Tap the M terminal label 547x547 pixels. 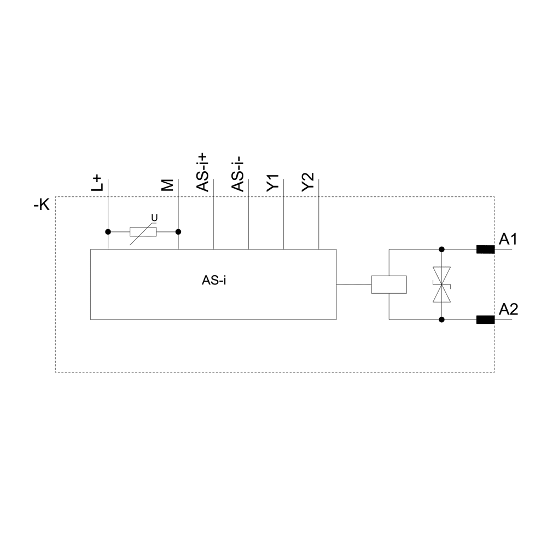click(168, 185)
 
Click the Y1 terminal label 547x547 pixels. click(273, 182)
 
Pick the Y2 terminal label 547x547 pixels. click(308, 182)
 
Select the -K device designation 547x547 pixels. click(42, 205)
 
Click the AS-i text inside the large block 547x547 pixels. click(214, 281)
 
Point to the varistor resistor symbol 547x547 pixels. click(143, 231)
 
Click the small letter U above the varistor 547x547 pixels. click(154, 218)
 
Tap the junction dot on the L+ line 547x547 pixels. click(108, 231)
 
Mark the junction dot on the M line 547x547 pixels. click(178, 231)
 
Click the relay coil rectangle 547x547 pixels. click(389, 284)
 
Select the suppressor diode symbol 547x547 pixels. click(441, 284)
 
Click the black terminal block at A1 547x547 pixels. click(485, 250)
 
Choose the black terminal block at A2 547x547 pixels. click(485, 320)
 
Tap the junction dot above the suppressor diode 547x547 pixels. click(441, 249)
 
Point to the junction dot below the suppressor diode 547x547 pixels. click(441, 319)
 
